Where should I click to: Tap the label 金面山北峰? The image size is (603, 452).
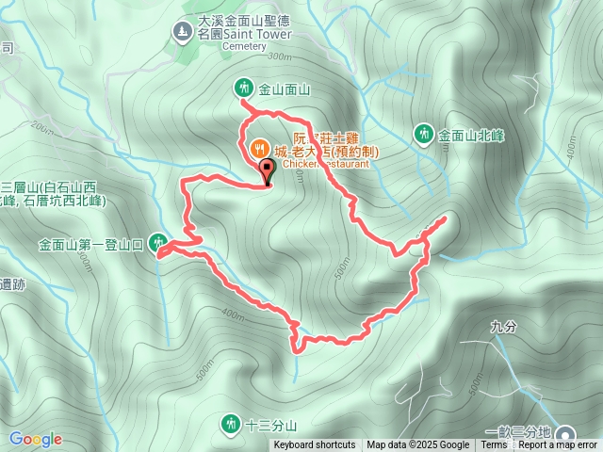470,135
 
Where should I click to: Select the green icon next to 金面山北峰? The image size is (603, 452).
424,135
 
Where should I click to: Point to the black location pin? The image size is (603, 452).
266,172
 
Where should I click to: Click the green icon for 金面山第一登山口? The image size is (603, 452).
158,244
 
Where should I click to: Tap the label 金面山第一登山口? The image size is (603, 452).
90,245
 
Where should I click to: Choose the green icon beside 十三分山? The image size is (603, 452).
230,424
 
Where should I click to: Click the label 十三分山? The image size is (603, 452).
270,425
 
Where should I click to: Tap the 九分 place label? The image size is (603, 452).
504,328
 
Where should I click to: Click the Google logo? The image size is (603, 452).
36,439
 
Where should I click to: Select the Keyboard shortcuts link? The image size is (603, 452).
315,445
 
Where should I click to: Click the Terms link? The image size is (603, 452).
494,445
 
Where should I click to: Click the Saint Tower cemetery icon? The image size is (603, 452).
182,32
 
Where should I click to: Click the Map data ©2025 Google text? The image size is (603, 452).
417,445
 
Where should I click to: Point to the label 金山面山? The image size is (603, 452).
285,90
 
